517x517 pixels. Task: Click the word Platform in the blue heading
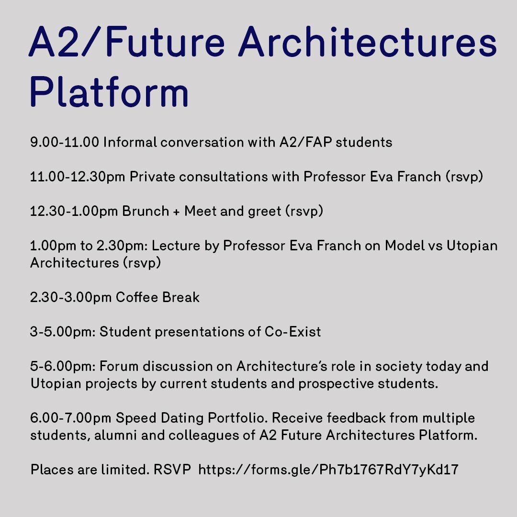[109, 91]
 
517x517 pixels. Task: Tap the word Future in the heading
[165, 42]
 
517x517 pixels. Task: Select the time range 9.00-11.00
[65, 143]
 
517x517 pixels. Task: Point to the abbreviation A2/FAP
[305, 143]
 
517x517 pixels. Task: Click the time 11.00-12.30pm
[78, 177]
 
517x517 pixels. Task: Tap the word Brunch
[146, 211]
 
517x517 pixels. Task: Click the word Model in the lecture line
[405, 246]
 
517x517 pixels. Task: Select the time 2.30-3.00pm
[71, 298]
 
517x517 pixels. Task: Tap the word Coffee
[137, 297]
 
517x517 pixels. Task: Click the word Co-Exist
[293, 332]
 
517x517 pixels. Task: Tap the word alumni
[115, 435]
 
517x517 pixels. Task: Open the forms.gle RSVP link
[328, 470]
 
